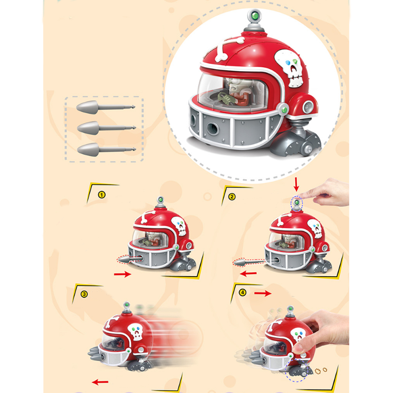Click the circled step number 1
coord(101,195)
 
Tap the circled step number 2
coord(232,197)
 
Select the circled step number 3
coord(84,294)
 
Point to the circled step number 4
coord(242,292)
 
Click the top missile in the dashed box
coord(105,108)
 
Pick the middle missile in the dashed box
coord(106,128)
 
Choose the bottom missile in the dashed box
coord(106,150)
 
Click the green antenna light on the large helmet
coord(255,16)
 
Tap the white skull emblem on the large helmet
coord(290,68)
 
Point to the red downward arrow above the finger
coord(296,184)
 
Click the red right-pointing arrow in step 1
coord(123,274)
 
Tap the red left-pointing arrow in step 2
coord(248,274)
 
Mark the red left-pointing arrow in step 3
coord(100,382)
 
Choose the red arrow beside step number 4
coord(263,293)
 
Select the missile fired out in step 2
coord(248,263)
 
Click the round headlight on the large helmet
coord(308,107)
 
